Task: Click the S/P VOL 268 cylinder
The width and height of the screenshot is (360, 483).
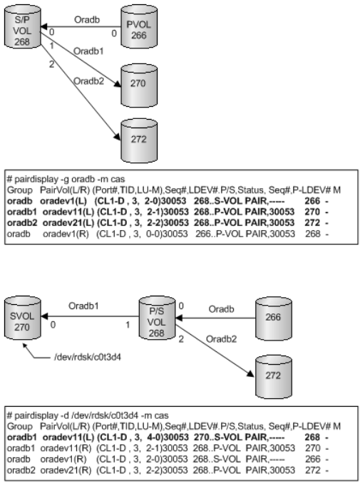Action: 23,26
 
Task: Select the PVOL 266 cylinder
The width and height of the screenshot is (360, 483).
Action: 139,26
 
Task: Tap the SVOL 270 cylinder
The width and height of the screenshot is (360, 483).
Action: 23,318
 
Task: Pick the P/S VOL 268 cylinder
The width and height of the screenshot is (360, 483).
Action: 157,318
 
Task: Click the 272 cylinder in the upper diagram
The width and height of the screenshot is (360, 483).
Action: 139,140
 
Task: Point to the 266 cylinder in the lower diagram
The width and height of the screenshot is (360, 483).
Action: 274,318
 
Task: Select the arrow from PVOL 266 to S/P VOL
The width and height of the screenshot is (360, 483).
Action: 81,27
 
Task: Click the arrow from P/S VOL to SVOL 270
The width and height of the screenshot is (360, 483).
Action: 90,316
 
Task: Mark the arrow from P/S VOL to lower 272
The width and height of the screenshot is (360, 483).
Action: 215,350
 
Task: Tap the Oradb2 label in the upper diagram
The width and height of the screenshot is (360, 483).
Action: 89,81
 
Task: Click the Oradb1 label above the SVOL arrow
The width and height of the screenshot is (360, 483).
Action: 83,306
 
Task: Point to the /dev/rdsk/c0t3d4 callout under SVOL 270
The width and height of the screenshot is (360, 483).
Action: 88,358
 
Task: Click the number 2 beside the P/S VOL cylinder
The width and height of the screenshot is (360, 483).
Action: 181,339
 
